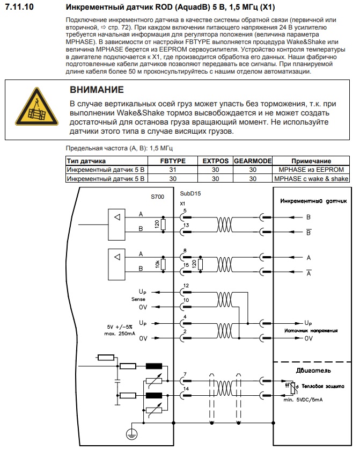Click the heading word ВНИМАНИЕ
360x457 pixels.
[x=97, y=90]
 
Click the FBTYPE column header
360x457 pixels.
[x=173, y=161]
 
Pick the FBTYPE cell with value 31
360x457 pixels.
[x=173, y=170]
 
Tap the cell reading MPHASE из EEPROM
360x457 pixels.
[x=311, y=170]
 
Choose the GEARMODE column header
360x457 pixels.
[x=253, y=161]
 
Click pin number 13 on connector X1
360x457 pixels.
[x=185, y=225]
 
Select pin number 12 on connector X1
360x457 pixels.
[x=186, y=285]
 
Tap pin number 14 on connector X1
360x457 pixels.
[x=185, y=388]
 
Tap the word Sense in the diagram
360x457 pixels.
[x=138, y=299]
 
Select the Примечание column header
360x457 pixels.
[x=311, y=161]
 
